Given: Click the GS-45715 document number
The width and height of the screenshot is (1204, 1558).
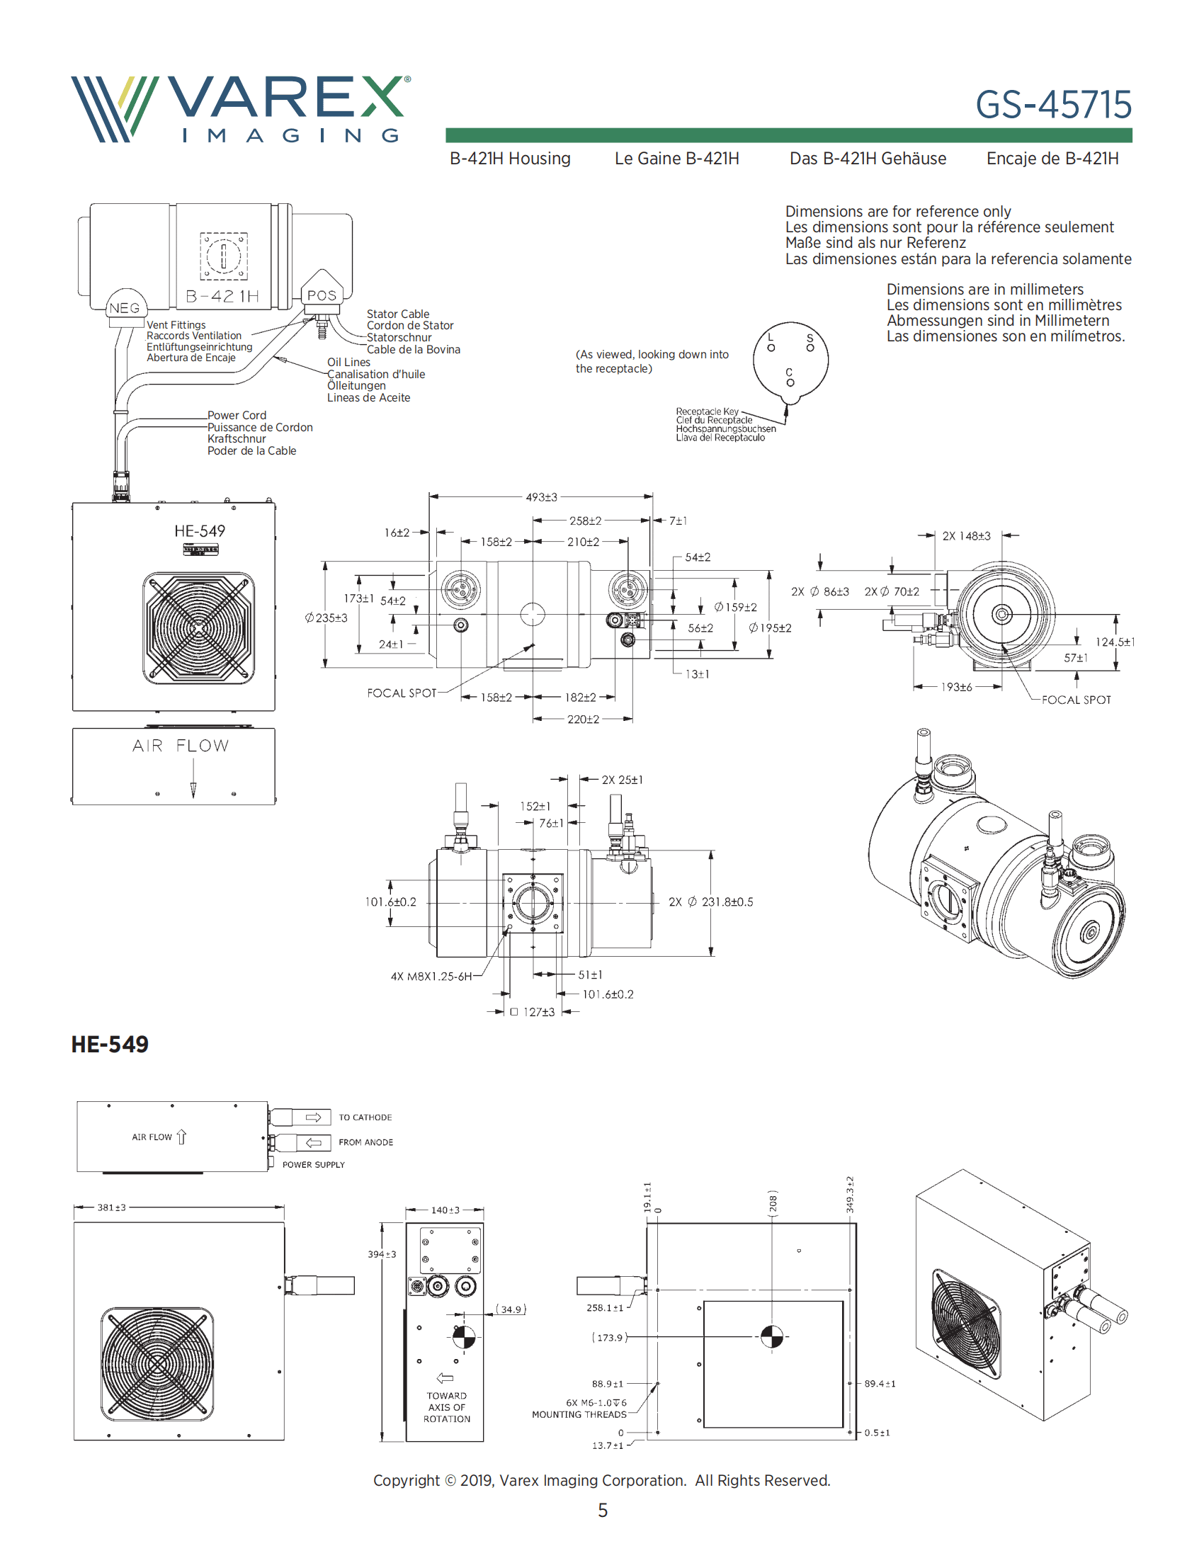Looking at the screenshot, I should tap(1052, 105).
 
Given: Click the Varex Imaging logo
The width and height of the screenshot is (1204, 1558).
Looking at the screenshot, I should tap(240, 109).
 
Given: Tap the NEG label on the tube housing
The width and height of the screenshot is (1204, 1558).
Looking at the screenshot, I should tap(124, 308).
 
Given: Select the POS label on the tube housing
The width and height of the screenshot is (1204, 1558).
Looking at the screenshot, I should tap(322, 295).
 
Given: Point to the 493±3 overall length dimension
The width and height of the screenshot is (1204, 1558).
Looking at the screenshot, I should tap(541, 497).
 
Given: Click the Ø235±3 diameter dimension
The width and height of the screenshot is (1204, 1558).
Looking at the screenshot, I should tap(326, 618).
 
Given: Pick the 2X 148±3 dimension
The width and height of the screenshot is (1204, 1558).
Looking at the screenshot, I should tap(966, 536).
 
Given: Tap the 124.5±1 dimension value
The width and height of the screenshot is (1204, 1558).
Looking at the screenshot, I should tap(1115, 642).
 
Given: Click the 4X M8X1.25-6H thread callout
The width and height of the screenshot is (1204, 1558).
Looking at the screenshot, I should tap(431, 977).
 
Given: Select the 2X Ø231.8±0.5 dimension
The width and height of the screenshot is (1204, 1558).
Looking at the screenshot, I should tap(710, 902).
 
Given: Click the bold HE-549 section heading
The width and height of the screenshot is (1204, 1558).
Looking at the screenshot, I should tap(110, 1045).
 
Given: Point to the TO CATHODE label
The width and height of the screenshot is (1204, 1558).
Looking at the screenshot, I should tap(365, 1118).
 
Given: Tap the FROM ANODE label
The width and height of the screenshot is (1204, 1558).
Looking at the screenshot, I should tap(365, 1142).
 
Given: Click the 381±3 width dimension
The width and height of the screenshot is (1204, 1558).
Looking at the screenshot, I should tap(111, 1207).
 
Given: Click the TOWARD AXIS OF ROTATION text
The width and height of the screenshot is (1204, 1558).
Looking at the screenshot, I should tap(446, 1407).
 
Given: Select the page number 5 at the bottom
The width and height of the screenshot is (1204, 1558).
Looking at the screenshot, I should tap(603, 1511).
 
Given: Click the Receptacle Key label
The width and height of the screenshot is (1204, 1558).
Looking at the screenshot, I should tap(707, 411).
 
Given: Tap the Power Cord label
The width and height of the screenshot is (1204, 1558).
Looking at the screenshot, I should tap(237, 415).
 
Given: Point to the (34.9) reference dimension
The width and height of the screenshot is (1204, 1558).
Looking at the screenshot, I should tap(511, 1309).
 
